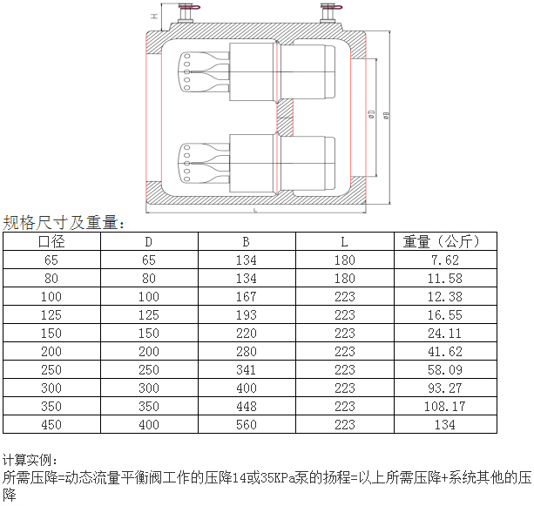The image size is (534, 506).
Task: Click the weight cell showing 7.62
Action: (x=445, y=260)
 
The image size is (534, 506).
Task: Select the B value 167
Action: (x=247, y=297)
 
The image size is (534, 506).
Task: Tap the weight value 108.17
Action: (x=445, y=406)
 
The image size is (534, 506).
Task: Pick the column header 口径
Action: (x=51, y=242)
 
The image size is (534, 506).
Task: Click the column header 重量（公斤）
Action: (x=442, y=242)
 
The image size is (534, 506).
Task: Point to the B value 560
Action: (x=247, y=425)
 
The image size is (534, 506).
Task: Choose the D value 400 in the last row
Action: (x=149, y=425)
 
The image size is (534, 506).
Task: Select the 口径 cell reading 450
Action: (x=51, y=425)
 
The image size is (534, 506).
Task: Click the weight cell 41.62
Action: (x=445, y=351)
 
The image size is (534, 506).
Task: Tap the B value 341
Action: (x=247, y=370)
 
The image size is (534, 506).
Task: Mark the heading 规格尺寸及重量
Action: (x=61, y=223)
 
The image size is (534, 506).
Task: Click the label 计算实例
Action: (x=27, y=461)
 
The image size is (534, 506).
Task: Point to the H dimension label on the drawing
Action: (x=154, y=16)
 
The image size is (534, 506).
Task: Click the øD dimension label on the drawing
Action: (x=372, y=114)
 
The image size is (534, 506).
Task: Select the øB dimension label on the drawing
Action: (x=386, y=115)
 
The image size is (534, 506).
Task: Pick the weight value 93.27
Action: (x=445, y=388)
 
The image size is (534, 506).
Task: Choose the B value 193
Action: (x=247, y=315)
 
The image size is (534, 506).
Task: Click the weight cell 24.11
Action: (x=445, y=333)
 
